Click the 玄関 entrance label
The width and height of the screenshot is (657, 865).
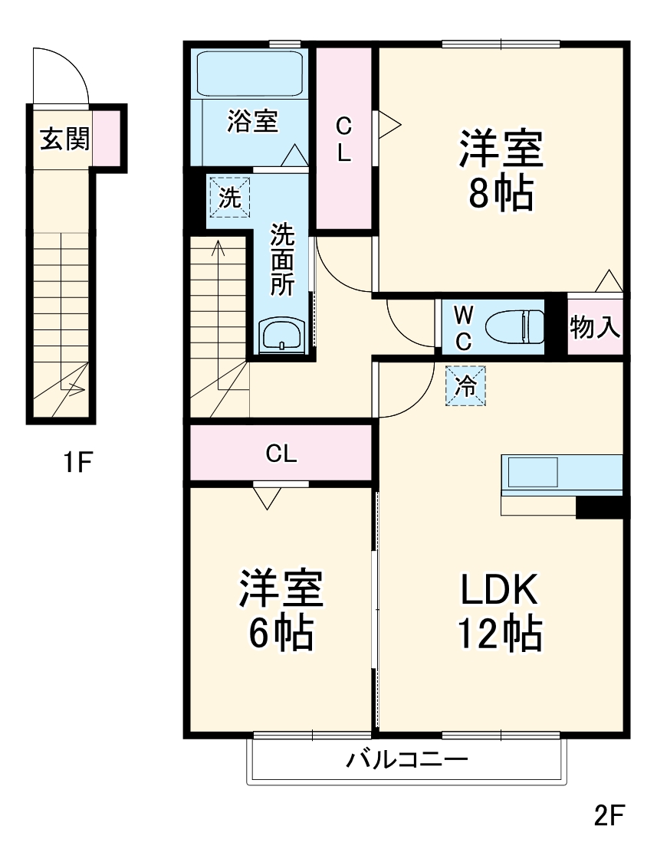click(x=64, y=139)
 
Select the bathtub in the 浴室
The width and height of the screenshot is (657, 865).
click(x=249, y=74)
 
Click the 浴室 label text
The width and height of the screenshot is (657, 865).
click(x=252, y=121)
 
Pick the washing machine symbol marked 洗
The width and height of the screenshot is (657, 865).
click(x=229, y=197)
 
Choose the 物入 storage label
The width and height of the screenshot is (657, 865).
click(x=594, y=327)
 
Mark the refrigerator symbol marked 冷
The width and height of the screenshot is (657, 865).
click(x=465, y=385)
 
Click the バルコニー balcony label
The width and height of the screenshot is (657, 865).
click(x=406, y=761)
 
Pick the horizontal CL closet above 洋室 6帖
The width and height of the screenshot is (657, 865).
click(x=281, y=454)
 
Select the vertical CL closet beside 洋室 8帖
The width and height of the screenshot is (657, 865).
click(x=344, y=138)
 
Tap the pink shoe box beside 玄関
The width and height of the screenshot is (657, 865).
click(x=107, y=139)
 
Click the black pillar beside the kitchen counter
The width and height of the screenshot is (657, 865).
click(x=601, y=507)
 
